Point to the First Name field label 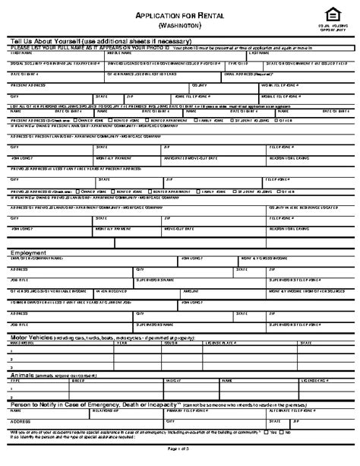click(21, 52)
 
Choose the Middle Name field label click(118, 52)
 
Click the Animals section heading click(26, 375)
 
